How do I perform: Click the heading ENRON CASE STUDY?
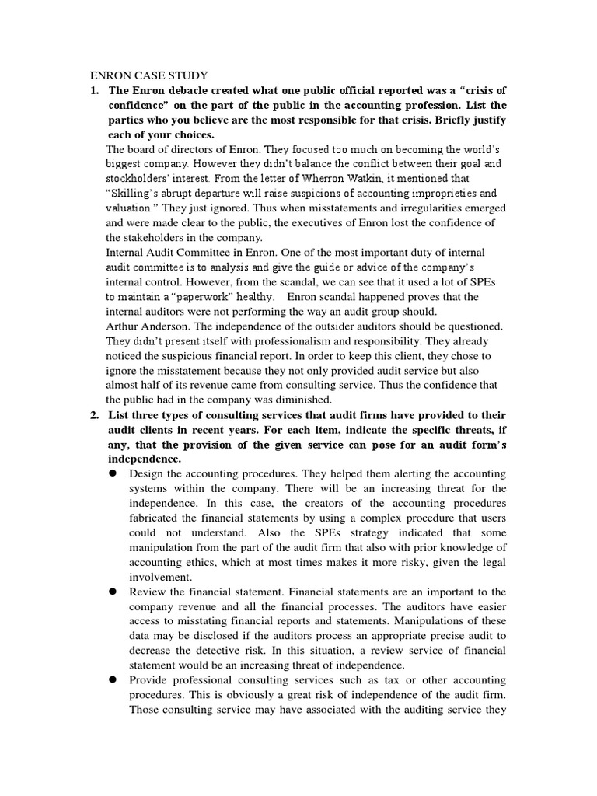click(x=149, y=75)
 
